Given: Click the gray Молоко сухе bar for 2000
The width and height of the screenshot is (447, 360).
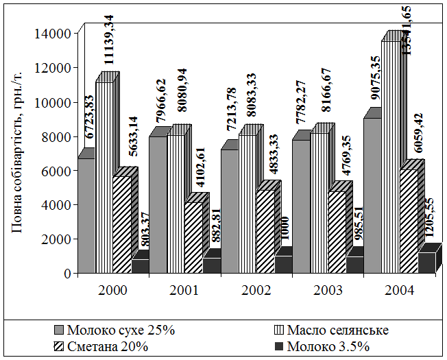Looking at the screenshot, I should tap(86, 216).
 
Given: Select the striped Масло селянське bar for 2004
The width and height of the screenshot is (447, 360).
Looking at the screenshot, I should tap(390, 158).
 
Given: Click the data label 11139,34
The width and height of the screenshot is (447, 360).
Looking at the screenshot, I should tap(108, 41).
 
